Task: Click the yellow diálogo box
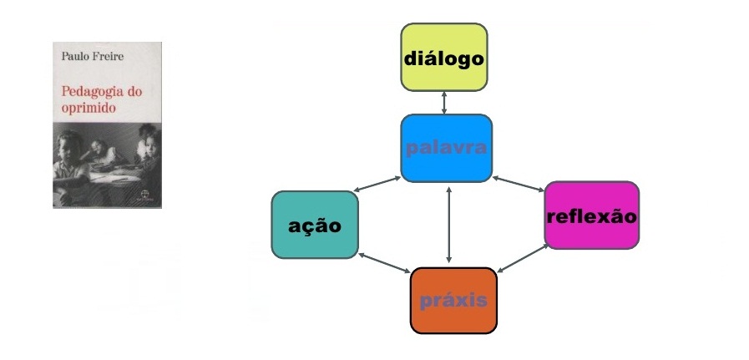click(x=443, y=57)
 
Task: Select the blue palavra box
click(x=446, y=149)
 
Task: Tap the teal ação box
click(x=315, y=225)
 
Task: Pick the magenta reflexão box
click(x=591, y=215)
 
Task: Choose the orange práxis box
click(x=453, y=299)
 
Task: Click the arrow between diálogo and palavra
click(x=444, y=102)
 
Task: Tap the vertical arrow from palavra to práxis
click(x=450, y=225)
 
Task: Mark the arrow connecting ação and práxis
click(x=385, y=265)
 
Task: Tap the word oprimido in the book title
click(x=88, y=108)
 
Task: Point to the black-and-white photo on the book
click(x=107, y=163)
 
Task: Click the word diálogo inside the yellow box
click(x=443, y=59)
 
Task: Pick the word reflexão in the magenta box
click(x=591, y=217)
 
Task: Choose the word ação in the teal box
click(x=315, y=226)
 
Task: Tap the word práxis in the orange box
click(x=453, y=301)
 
